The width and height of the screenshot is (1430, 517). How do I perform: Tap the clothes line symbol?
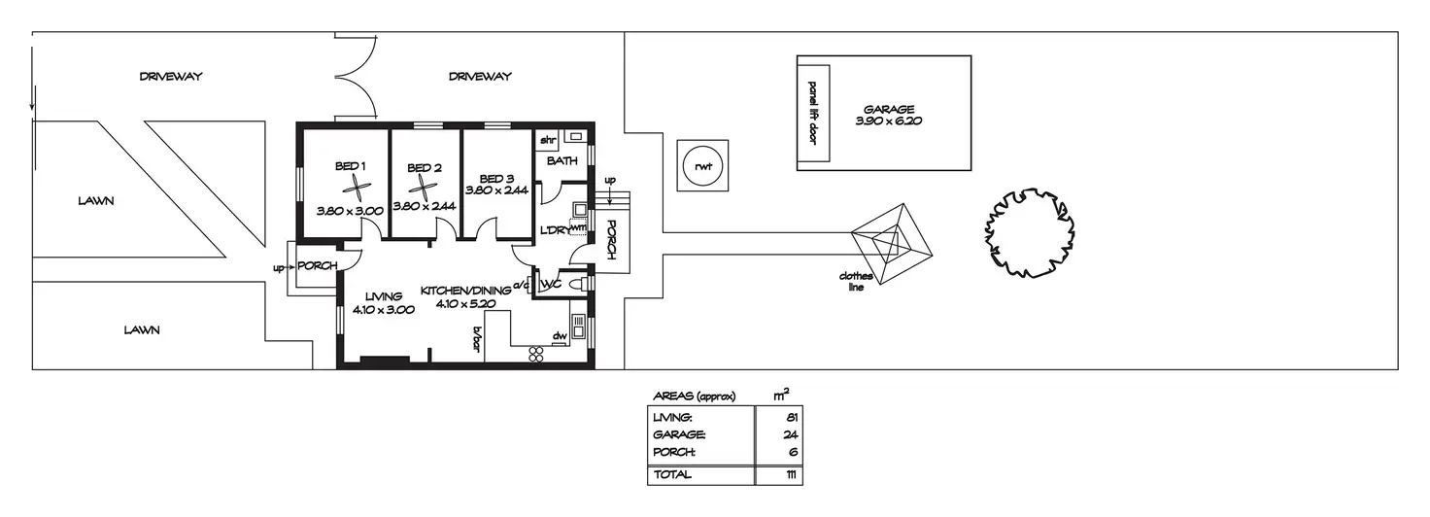(892, 244)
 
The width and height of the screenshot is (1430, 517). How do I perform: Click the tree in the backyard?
(1029, 232)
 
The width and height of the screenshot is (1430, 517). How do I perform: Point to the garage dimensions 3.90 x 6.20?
(889, 121)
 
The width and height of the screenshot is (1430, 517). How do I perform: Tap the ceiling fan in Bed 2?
(422, 187)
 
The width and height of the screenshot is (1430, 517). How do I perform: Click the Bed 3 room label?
(496, 179)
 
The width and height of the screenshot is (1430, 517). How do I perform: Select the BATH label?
(562, 161)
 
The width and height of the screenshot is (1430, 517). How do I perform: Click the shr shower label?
(548, 140)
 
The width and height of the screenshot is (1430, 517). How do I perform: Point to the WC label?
(551, 284)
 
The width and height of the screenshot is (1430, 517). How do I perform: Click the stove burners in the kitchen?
(535, 355)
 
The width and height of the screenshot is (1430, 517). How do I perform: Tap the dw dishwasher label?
(560, 335)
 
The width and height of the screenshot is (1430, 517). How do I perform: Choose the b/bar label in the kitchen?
(476, 339)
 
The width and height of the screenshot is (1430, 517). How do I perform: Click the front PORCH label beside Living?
(317, 265)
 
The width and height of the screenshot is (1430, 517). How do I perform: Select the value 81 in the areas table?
(793, 418)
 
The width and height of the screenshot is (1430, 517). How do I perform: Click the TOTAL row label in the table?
(671, 474)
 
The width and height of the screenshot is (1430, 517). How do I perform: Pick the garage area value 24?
(791, 434)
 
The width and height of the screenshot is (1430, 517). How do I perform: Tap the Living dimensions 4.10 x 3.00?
(383, 310)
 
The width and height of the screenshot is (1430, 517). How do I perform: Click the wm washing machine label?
(578, 226)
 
